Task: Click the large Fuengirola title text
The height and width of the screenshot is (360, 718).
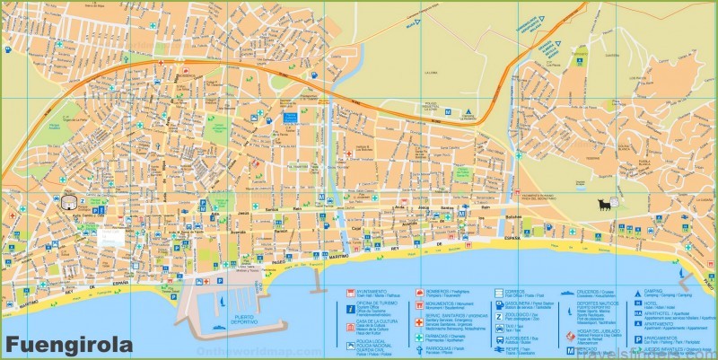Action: point(67,344)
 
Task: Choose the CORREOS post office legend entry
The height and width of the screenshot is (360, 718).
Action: point(515,293)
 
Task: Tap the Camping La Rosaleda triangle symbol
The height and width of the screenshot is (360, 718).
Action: point(468,112)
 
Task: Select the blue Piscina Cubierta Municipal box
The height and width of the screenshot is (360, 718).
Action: point(290,118)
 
